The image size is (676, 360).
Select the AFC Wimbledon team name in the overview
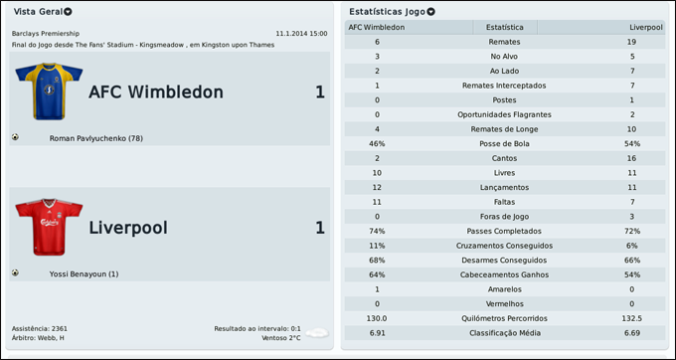tap(155, 92)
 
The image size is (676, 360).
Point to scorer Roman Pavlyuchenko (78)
tap(96, 138)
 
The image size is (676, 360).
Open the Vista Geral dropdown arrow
tap(68, 11)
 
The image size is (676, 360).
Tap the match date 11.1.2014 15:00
tap(301, 33)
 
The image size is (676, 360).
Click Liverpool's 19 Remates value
tap(631, 42)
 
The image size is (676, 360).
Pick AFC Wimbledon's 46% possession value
tap(377, 144)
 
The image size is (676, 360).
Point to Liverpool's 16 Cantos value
tap(631, 158)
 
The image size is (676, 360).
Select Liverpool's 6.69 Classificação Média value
tap(631, 332)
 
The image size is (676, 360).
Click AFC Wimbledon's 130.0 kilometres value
tap(377, 318)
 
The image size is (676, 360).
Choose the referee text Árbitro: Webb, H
tap(39, 338)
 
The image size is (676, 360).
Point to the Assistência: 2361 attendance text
tap(40, 328)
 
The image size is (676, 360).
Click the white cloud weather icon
tap(316, 333)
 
